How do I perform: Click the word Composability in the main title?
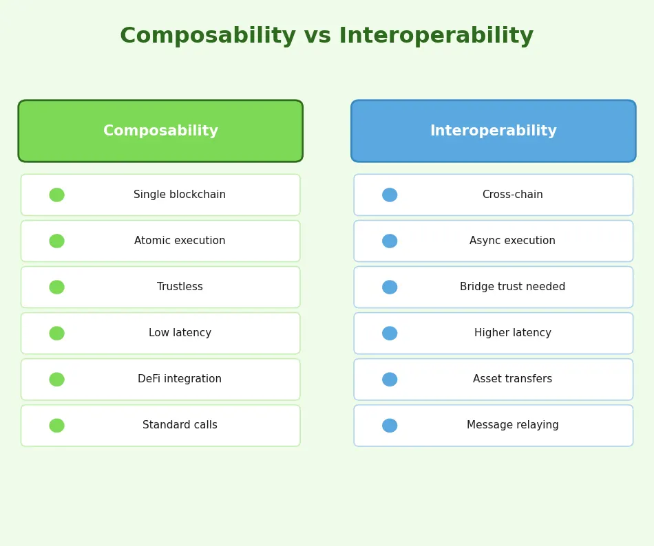pyautogui.click(x=207, y=36)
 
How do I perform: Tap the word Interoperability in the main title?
pyautogui.click(x=436, y=36)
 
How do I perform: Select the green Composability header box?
pyautogui.click(x=160, y=131)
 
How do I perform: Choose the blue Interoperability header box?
pyautogui.click(x=493, y=131)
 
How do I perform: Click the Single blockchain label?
pyautogui.click(x=180, y=195)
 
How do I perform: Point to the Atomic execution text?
pyautogui.click(x=180, y=241)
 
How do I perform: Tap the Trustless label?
pyautogui.click(x=180, y=287)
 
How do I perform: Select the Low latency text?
pyautogui.click(x=180, y=334)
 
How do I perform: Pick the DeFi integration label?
pyautogui.click(x=180, y=380)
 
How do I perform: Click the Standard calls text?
pyautogui.click(x=180, y=426)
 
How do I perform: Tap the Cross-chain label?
pyautogui.click(x=512, y=195)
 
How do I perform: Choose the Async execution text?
pyautogui.click(x=512, y=241)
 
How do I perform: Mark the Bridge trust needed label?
pyautogui.click(x=512, y=287)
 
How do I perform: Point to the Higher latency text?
pyautogui.click(x=512, y=334)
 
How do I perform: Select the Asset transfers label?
pyautogui.click(x=512, y=380)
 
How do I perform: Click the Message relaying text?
pyautogui.click(x=512, y=426)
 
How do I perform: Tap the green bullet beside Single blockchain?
pyautogui.click(x=56, y=195)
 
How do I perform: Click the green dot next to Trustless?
pyautogui.click(x=56, y=287)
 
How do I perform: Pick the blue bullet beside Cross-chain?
pyautogui.click(x=390, y=195)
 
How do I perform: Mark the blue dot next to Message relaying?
pyautogui.click(x=390, y=426)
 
